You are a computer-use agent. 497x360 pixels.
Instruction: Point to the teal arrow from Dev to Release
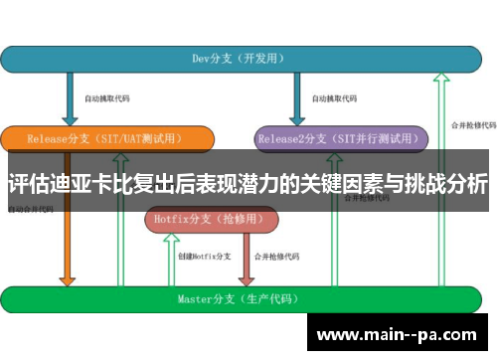(x=69, y=99)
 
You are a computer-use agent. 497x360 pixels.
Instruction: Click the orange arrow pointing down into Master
(x=69, y=249)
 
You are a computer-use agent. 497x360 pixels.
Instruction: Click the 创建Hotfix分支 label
(x=204, y=256)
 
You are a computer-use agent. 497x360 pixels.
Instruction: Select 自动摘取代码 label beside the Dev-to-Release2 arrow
(x=332, y=99)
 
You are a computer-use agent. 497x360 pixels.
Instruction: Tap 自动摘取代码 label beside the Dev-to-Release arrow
(x=106, y=99)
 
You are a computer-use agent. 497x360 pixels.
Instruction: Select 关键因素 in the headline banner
(x=343, y=185)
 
